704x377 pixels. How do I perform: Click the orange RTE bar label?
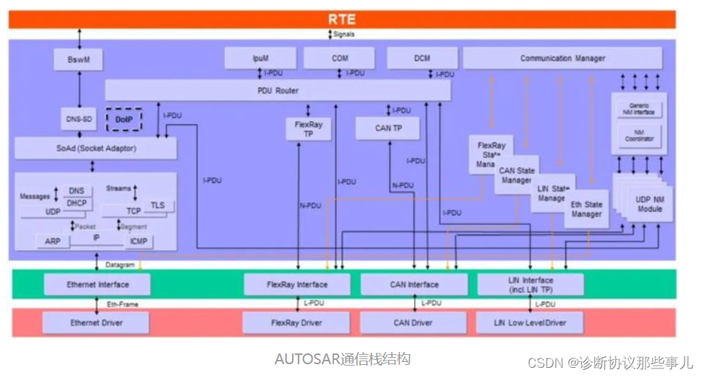tap(341, 19)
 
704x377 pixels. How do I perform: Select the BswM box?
tap(79, 59)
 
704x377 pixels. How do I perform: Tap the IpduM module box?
tap(260, 59)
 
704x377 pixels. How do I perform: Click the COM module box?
tap(340, 59)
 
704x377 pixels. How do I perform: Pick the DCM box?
tap(422, 59)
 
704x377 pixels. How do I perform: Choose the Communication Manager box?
tap(562, 59)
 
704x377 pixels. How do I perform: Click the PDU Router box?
tap(278, 91)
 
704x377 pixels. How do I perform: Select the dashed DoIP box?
tap(124, 120)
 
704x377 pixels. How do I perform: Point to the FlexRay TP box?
tap(308, 129)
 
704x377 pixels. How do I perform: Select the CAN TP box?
tap(388, 129)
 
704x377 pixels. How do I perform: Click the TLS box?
tap(157, 205)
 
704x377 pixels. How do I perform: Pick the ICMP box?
tap(139, 241)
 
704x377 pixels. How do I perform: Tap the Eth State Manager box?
tap(586, 208)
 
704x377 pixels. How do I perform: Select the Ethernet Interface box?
tap(97, 285)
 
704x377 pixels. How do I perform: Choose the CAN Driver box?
tap(413, 323)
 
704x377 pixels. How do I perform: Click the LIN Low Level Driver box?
tap(530, 323)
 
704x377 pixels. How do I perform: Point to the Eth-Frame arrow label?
tap(123, 304)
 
